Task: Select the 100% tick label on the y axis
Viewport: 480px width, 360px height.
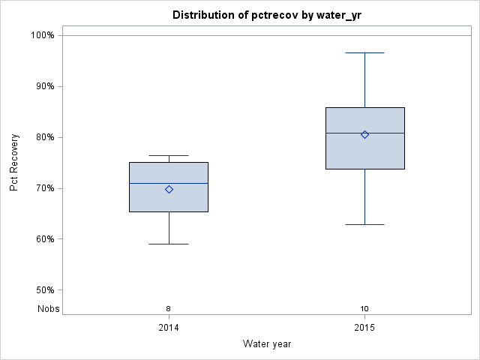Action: tap(42, 35)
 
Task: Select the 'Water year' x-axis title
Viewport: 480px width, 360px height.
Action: tap(267, 344)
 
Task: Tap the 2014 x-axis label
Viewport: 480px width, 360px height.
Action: tap(169, 328)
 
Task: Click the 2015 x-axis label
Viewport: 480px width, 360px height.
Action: tap(364, 328)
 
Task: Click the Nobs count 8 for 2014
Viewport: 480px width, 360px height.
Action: tap(169, 308)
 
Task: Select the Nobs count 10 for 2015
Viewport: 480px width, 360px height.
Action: tap(364, 308)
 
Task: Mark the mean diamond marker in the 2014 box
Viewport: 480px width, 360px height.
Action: tap(169, 189)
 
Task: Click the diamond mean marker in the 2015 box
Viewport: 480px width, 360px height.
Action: tap(364, 134)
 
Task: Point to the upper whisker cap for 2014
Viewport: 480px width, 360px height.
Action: tap(169, 155)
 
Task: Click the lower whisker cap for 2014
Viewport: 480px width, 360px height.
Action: tap(169, 244)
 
